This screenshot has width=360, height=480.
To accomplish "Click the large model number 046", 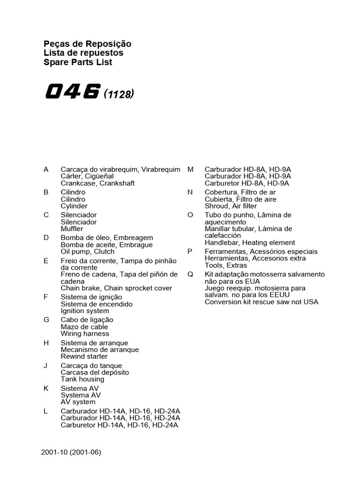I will (x=73, y=92).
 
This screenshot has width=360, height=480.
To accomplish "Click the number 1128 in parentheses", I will (x=119, y=94).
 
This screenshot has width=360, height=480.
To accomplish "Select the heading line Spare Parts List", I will (x=78, y=62).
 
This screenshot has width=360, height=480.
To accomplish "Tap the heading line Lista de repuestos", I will (x=83, y=53).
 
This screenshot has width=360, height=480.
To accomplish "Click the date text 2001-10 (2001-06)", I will (x=71, y=453).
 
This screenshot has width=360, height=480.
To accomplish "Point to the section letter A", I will (x=46, y=169).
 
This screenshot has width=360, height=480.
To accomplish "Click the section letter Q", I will (x=190, y=274).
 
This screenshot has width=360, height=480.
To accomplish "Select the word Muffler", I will (x=72, y=229).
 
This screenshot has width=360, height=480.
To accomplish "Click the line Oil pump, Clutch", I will (x=87, y=251).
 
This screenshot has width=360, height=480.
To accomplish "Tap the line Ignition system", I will (x=85, y=311).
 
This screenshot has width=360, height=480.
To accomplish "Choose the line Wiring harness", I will (x=85, y=334).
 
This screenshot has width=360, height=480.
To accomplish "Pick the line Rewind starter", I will (x=84, y=356).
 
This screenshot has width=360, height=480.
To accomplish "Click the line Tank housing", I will (x=82, y=379).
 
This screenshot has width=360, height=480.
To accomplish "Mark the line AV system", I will (x=78, y=402).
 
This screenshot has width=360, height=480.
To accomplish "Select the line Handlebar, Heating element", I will (x=250, y=242).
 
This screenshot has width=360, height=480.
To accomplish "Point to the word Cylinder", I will (x=74, y=206).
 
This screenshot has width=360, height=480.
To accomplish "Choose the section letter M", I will (x=190, y=169).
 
